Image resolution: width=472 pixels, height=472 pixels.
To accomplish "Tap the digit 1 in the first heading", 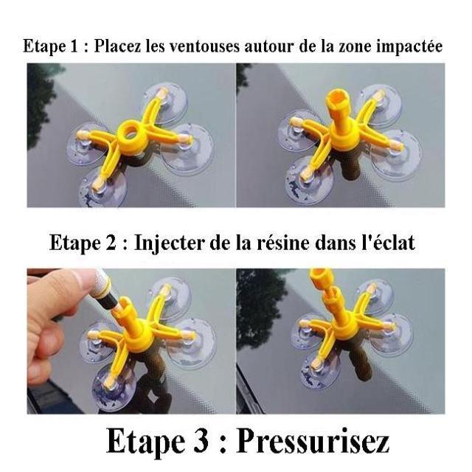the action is click(x=74, y=46).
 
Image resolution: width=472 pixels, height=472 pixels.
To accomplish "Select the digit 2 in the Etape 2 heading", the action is click(x=111, y=243).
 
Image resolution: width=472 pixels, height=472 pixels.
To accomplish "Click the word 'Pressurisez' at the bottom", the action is click(x=313, y=442).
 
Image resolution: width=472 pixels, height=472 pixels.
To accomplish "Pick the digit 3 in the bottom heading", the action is click(x=201, y=442).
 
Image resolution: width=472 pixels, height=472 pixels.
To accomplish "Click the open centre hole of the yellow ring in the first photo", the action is click(x=130, y=132).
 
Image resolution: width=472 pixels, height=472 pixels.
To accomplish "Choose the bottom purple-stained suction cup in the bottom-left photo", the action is click(x=114, y=386).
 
